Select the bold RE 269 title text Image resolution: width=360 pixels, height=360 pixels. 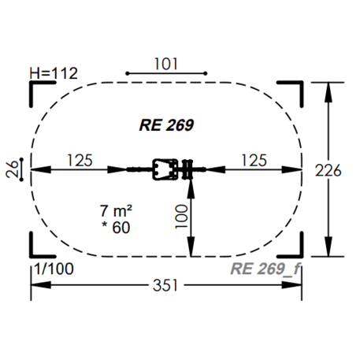[167, 124]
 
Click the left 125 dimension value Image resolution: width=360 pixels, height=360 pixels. [78, 159]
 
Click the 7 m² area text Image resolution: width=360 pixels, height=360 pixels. [114, 210]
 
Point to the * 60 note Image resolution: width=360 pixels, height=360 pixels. [114, 228]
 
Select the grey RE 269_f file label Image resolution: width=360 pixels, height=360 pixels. [265, 269]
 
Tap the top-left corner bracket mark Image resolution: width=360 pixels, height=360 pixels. [35, 87]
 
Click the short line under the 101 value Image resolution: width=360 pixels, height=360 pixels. [165, 74]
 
